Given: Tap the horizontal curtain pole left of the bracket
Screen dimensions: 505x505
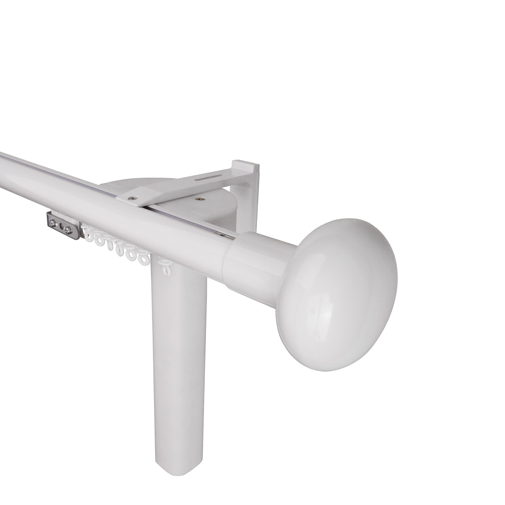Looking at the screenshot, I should (x=52, y=183).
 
